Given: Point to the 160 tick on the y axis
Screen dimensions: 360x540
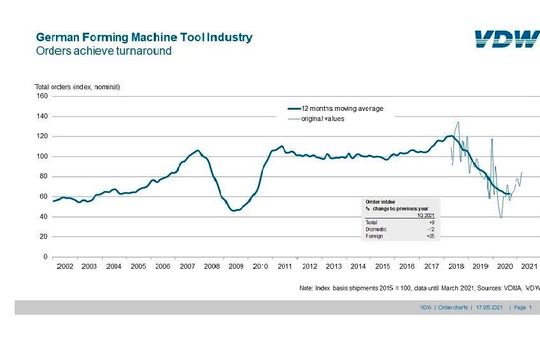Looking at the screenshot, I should click(x=42, y=96).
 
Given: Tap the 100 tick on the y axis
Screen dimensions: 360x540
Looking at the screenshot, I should click(x=42, y=156).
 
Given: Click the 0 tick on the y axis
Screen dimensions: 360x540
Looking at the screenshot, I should click(x=45, y=257).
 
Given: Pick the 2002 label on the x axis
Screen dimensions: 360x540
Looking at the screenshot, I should click(x=65, y=267).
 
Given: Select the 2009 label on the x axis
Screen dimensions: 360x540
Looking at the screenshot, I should click(x=236, y=267).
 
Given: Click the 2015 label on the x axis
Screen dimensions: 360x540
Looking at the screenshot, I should click(x=383, y=267).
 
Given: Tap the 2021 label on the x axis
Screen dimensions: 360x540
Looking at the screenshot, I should click(x=530, y=267).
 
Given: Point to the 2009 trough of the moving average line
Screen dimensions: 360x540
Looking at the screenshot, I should click(x=234, y=211).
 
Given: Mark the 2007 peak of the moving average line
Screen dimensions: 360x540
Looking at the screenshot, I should click(x=197, y=150).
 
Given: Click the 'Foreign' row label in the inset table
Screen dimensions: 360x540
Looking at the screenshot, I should click(x=373, y=236).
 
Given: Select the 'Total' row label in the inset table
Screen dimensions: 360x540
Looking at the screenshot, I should click(x=370, y=222).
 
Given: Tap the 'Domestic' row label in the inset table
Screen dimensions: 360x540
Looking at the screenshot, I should click(x=374, y=229).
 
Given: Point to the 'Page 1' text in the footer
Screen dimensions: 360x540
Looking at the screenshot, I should click(x=523, y=308).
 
